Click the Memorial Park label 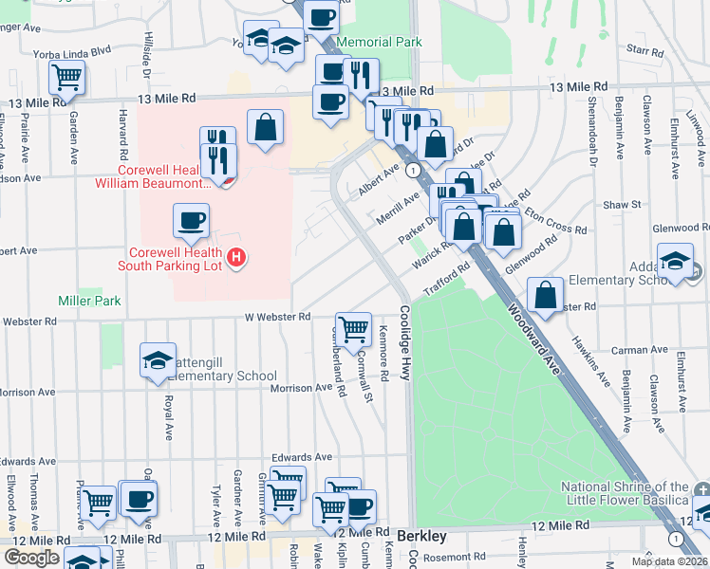pyautogui.click(x=380, y=43)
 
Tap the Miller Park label pyautogui.click(x=89, y=301)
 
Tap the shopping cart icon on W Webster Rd pyautogui.click(x=353, y=329)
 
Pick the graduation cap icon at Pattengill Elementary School pyautogui.click(x=158, y=359)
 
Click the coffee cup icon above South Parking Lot pyautogui.click(x=191, y=221)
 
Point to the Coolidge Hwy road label pyautogui.click(x=404, y=342)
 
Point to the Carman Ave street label pyautogui.click(x=633, y=350)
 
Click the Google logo pyautogui.click(x=31, y=558)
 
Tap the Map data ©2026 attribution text pyautogui.click(x=669, y=561)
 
